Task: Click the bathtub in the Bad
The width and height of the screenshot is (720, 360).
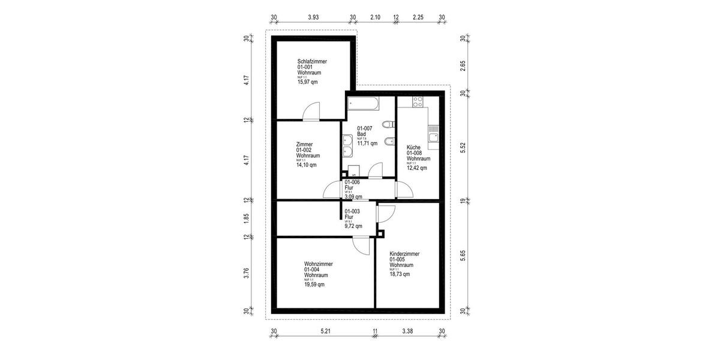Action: tap(363, 103)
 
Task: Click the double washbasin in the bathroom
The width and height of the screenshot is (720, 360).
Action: tap(347, 145)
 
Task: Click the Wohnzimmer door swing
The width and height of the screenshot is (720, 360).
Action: tap(361, 245)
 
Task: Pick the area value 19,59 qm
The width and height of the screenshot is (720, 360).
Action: tap(314, 284)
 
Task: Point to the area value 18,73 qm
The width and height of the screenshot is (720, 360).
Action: tap(400, 274)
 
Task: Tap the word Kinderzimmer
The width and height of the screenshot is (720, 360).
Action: tap(404, 254)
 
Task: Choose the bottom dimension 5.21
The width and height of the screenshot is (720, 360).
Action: tap(325, 331)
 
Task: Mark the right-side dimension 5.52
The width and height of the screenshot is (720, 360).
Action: tap(463, 148)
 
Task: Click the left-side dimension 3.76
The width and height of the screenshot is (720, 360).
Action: tap(246, 273)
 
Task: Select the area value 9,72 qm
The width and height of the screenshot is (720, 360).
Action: tap(353, 226)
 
